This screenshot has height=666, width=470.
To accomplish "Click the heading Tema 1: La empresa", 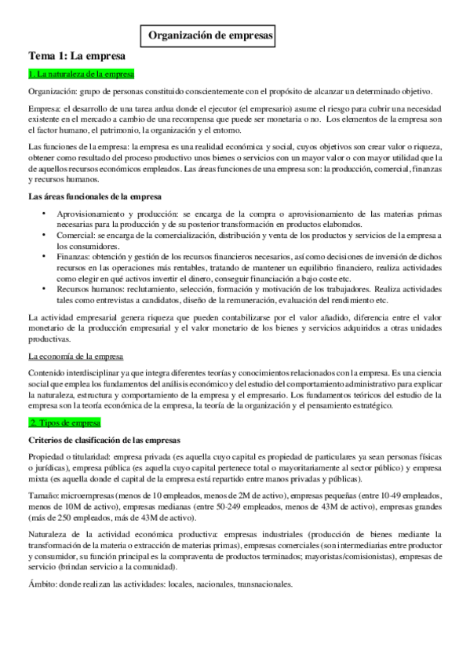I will point(76,57).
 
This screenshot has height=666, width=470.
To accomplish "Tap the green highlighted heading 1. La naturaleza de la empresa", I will point(81,75).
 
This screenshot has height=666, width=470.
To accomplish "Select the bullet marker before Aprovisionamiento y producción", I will point(46,212).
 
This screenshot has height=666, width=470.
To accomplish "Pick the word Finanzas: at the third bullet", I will point(75,256).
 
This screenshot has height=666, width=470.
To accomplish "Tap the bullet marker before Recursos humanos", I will point(46,289).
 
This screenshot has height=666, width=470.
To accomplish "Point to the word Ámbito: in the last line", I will point(42,584).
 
